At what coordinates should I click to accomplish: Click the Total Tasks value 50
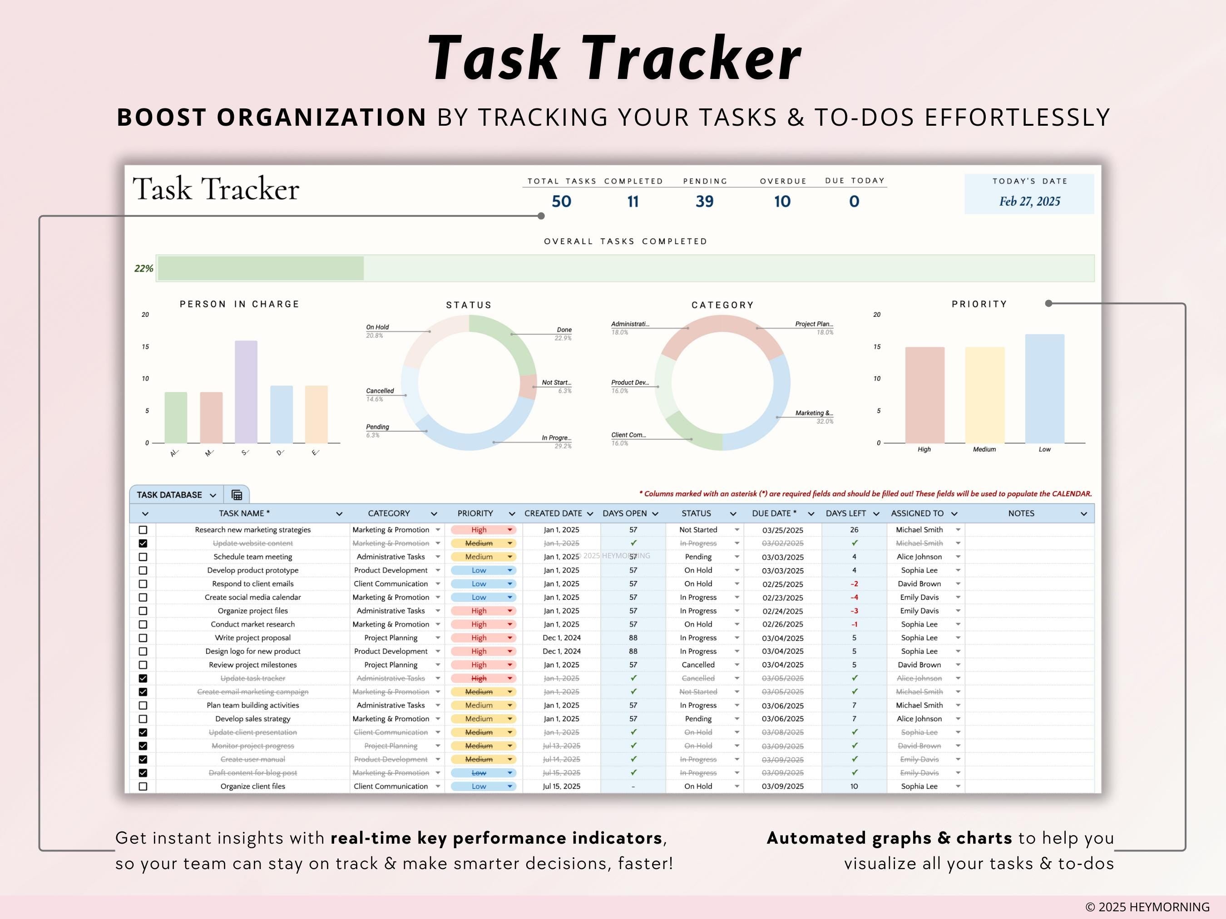click(x=561, y=201)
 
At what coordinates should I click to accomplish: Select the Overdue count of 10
click(x=782, y=201)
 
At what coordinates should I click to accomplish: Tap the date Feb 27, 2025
click(x=1029, y=201)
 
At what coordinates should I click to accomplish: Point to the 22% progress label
click(x=143, y=269)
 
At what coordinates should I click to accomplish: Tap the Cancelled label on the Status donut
click(x=380, y=391)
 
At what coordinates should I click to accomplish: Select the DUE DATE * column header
click(x=774, y=514)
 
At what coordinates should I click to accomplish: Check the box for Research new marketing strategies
click(x=143, y=530)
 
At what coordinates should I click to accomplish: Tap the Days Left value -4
click(x=854, y=597)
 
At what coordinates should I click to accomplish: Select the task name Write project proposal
click(x=253, y=638)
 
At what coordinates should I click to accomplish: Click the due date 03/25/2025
click(x=782, y=530)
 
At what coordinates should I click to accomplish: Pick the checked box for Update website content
click(x=143, y=543)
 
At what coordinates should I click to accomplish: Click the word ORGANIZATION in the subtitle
click(x=321, y=118)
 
